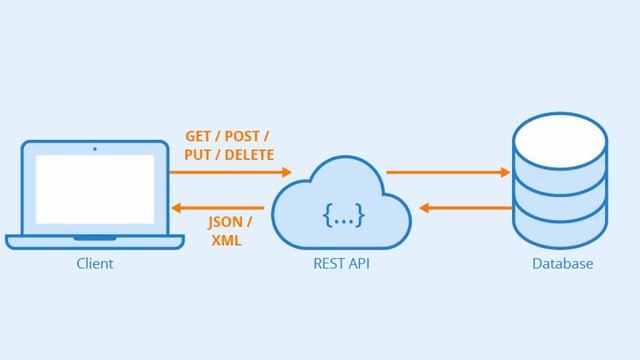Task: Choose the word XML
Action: click(227, 241)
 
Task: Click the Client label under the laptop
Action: click(95, 264)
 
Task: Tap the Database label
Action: click(562, 264)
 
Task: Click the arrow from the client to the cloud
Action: click(230, 172)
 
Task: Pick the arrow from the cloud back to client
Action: click(230, 208)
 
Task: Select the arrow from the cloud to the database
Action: click(448, 172)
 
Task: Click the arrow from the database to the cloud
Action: click(465, 208)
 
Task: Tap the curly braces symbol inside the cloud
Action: click(343, 214)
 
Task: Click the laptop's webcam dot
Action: click(95, 149)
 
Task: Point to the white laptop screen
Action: click(95, 188)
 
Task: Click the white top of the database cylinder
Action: click(560, 141)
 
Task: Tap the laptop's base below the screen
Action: click(95, 241)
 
